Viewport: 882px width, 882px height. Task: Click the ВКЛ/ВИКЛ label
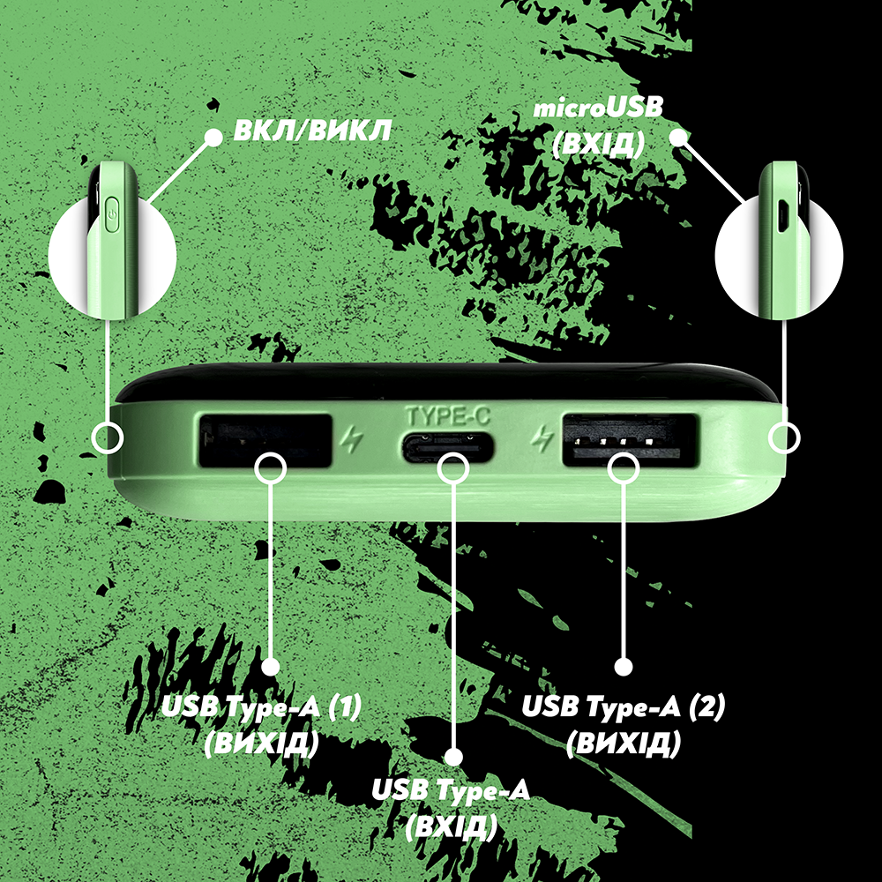(x=312, y=131)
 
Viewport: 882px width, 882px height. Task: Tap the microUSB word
(x=598, y=108)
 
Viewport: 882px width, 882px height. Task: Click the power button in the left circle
(x=113, y=214)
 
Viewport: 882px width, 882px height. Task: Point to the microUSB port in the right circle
(x=782, y=215)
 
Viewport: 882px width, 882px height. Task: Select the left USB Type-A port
(x=265, y=441)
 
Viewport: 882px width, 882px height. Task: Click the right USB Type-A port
(x=630, y=440)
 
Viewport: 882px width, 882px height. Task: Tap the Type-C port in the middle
(x=448, y=447)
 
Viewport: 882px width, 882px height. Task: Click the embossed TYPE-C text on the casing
(x=448, y=416)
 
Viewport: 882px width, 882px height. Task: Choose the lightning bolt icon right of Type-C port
(x=542, y=438)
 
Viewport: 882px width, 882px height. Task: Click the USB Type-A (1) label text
(x=261, y=707)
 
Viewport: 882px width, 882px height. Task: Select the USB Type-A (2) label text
(x=624, y=707)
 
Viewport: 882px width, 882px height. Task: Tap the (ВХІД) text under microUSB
(x=598, y=146)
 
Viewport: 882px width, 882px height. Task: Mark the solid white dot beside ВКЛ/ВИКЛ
(x=213, y=138)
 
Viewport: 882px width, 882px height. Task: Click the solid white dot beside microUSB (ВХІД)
(x=679, y=138)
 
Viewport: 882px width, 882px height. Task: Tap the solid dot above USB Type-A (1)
(x=271, y=667)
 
